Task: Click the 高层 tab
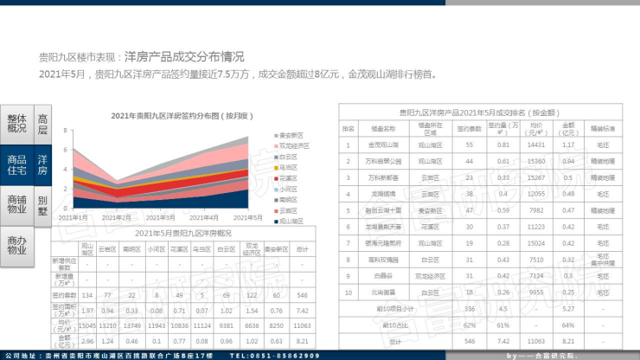coord(42,124)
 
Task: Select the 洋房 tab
coord(42,165)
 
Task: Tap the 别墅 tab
coord(42,206)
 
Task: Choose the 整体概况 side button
coord(16,124)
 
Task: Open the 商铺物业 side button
coord(16,206)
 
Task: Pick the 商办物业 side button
coord(16,246)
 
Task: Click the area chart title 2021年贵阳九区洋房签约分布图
coord(181,115)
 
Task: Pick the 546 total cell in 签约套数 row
coord(302,295)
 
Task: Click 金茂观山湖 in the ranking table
coord(383,145)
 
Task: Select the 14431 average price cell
coord(535,145)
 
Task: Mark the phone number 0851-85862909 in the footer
coord(283,356)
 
